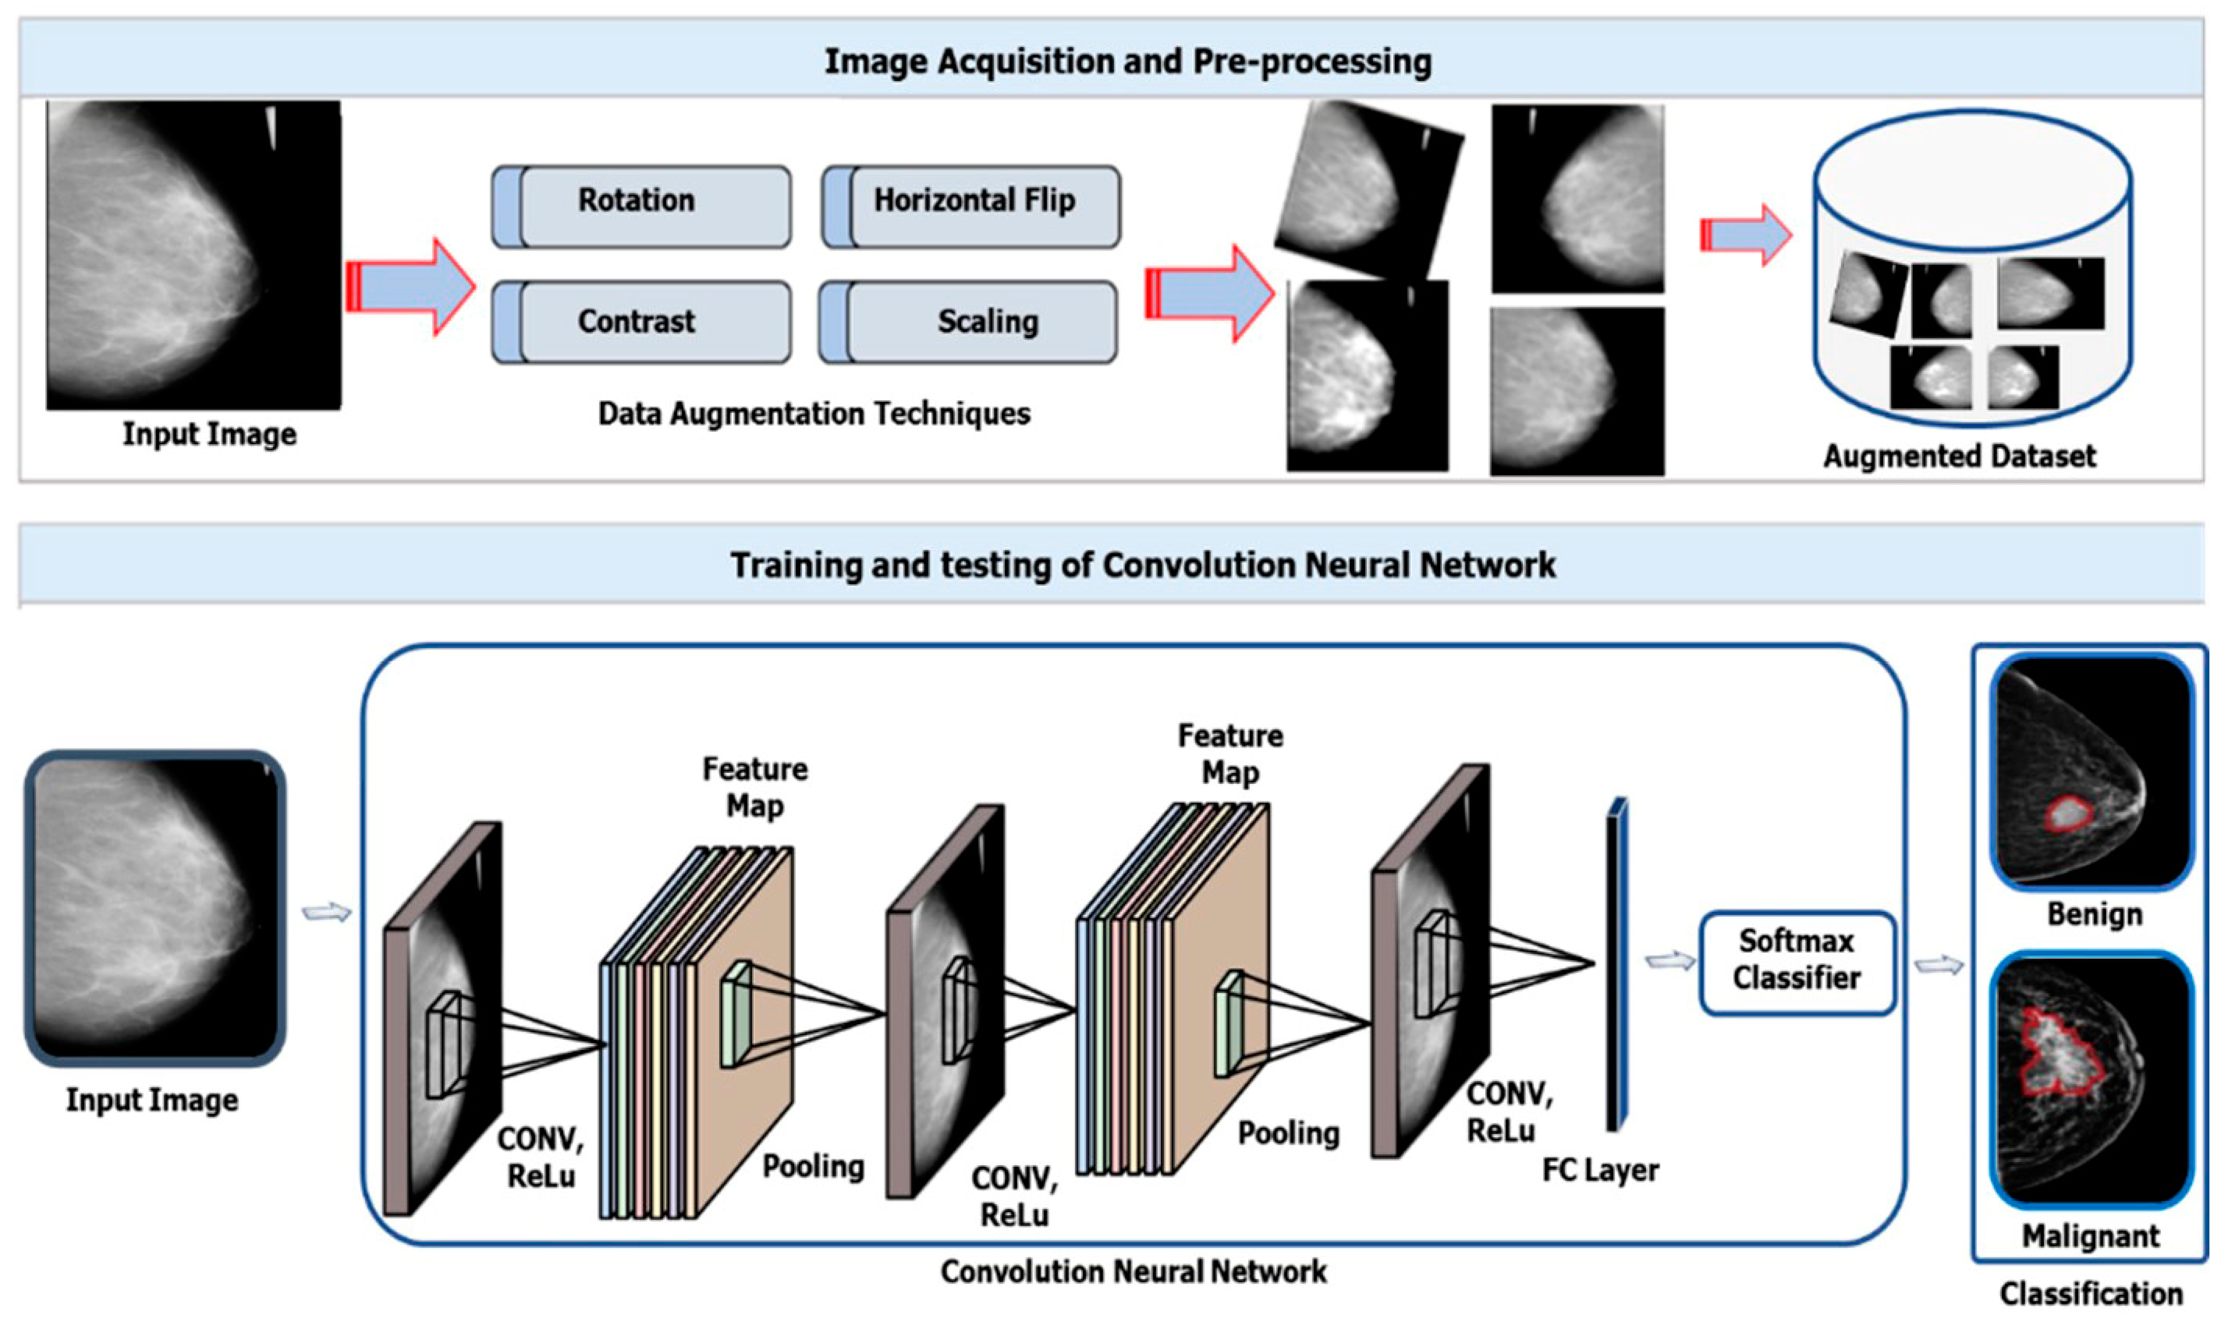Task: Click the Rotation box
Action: pyautogui.click(x=641, y=206)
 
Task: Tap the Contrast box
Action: pyautogui.click(x=641, y=321)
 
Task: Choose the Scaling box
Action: pyautogui.click(x=968, y=321)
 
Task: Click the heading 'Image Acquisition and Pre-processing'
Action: pyautogui.click(x=1128, y=61)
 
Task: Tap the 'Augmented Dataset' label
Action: pyautogui.click(x=1959, y=456)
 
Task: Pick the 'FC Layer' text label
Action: pyautogui.click(x=1600, y=1169)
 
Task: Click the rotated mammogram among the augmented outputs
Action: pyautogui.click(x=1368, y=188)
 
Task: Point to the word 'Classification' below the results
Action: pyautogui.click(x=2090, y=1293)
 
